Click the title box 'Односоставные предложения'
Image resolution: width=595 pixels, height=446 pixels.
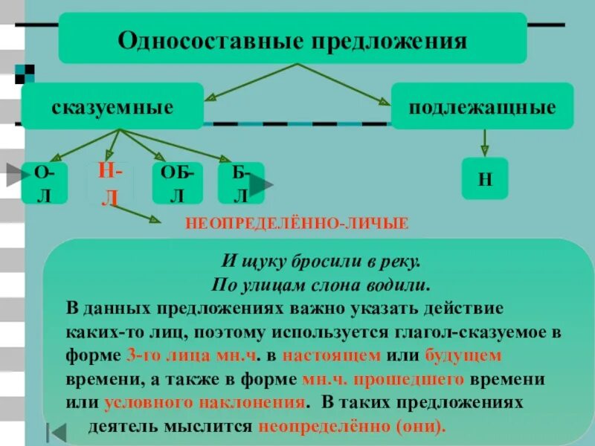(292, 38)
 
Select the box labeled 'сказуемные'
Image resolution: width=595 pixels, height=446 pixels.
(112, 107)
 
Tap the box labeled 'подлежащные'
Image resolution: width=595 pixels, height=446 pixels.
(483, 107)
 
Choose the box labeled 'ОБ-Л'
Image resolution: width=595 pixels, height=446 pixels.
(176, 183)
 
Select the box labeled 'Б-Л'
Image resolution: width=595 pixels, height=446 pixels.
(239, 183)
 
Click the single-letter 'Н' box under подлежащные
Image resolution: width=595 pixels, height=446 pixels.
(484, 178)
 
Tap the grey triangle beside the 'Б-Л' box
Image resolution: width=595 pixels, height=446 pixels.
(262, 184)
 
